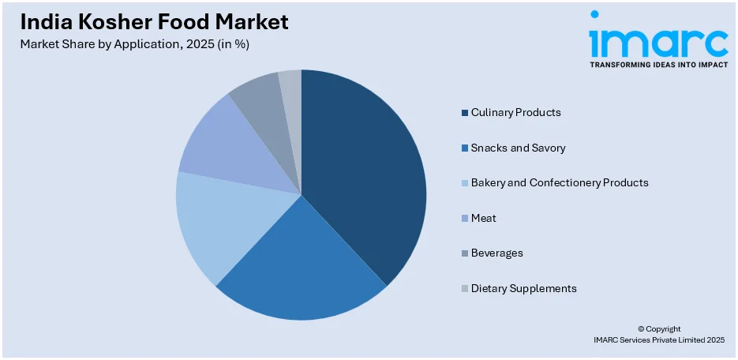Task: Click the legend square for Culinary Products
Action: [465, 113]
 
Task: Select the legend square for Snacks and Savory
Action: [465, 148]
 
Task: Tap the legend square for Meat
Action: [465, 218]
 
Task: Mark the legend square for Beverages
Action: [465, 253]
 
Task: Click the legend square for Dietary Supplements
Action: [465, 289]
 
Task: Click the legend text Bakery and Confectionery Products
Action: [559, 183]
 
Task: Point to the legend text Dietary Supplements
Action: [523, 289]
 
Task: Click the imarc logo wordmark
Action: [658, 39]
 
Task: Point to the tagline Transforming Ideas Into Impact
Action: [658, 65]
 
